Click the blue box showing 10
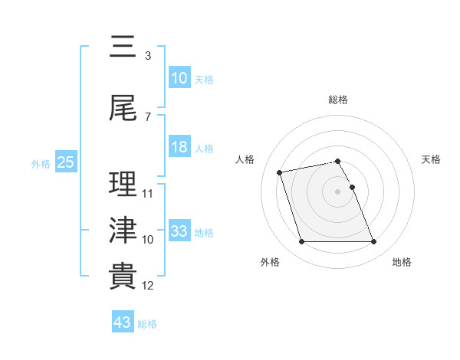coord(179,78)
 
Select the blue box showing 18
coord(179,147)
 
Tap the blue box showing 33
coord(179,231)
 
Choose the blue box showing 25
coord(65,162)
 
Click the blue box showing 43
coord(123,322)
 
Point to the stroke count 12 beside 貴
coord(148,286)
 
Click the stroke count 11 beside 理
coord(148,193)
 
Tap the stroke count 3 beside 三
coord(147,55)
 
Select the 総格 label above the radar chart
coord(338,100)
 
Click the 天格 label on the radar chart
coord(432,159)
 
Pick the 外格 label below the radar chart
coord(270,263)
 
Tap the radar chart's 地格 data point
coord(373,242)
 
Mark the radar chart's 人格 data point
coord(280,172)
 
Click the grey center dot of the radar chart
coord(338,191)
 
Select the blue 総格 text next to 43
coord(147,324)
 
